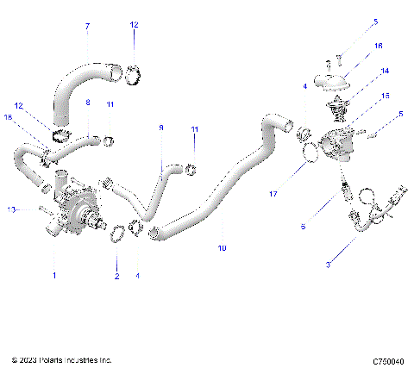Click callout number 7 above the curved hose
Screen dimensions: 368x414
pos(86,27)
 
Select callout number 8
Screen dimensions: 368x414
pos(87,103)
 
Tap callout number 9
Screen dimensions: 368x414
pos(160,128)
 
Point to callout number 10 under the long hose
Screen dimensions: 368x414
pos(222,248)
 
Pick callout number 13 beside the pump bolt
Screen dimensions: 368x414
pos(10,209)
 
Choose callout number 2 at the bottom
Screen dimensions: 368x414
pos(116,276)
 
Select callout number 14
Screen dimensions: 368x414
pos(385,71)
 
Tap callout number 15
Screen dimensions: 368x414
pos(385,96)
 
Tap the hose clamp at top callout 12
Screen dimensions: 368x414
pos(133,75)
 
